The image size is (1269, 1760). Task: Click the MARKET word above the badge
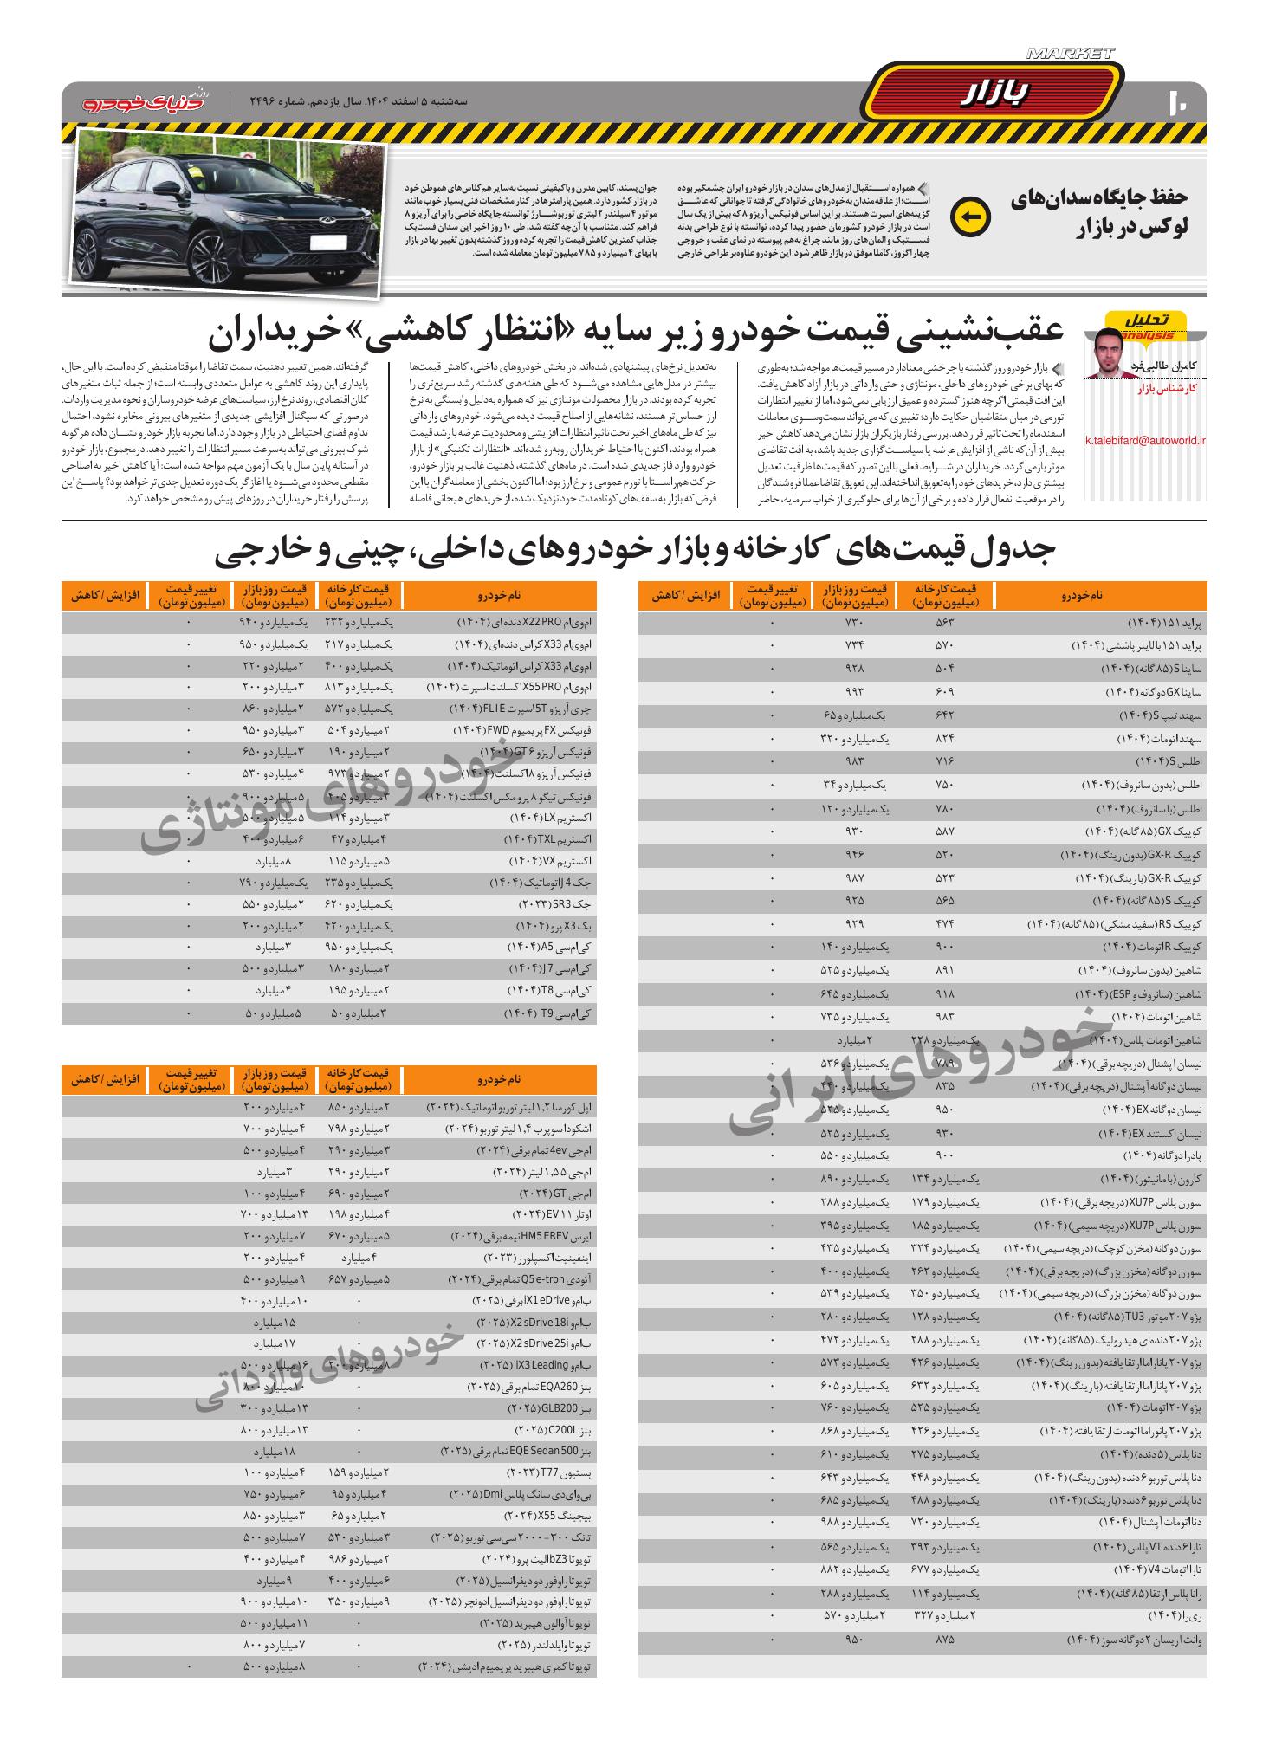click(x=1070, y=54)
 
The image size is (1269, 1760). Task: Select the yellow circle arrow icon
click(x=969, y=217)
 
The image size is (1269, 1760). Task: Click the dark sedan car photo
click(x=226, y=212)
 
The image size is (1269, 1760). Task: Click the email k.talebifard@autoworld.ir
click(x=1145, y=440)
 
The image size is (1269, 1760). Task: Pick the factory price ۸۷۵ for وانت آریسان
click(x=944, y=1640)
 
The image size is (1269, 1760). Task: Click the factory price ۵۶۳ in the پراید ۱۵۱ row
click(x=944, y=624)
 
